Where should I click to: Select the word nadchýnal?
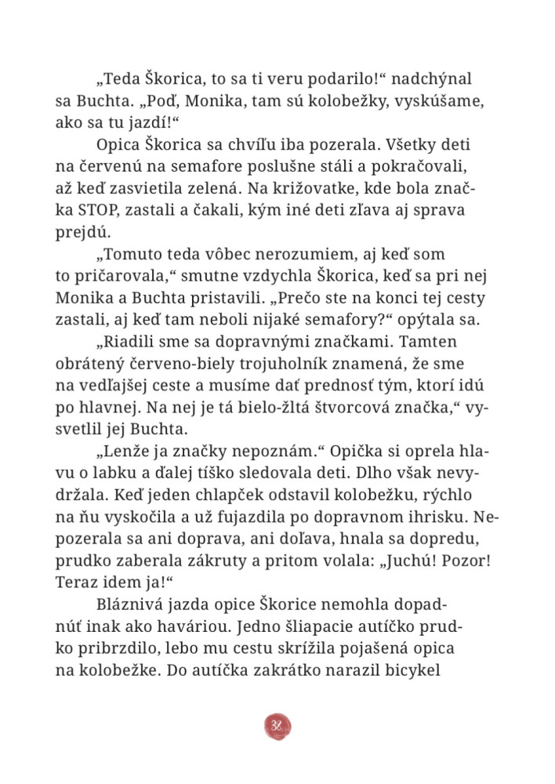coord(431,79)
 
